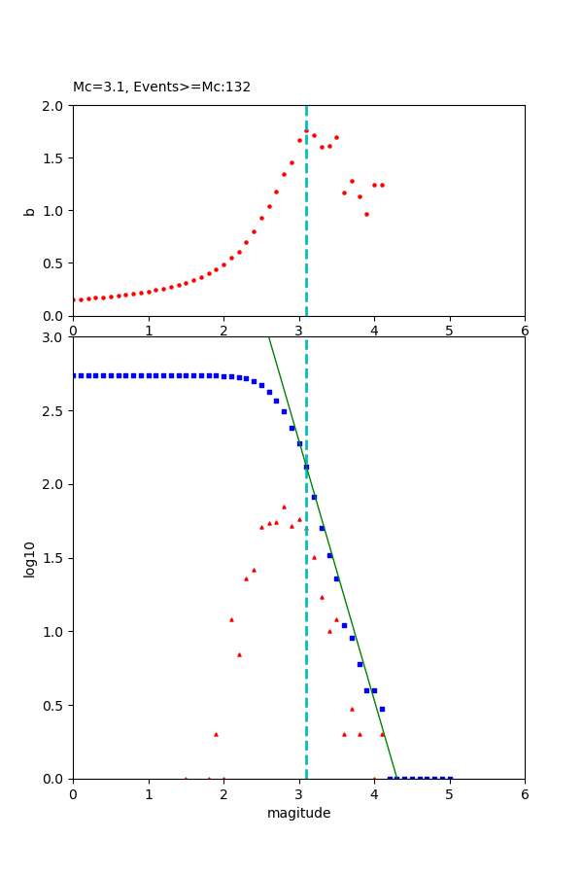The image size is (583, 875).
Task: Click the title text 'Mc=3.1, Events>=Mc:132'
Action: point(161,87)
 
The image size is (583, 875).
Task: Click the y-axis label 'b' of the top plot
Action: point(30,211)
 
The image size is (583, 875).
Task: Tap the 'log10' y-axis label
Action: point(30,559)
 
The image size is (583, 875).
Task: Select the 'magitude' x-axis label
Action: point(298,813)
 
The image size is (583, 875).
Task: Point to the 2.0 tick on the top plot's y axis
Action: point(54,105)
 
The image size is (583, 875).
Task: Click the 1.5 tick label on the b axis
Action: point(54,158)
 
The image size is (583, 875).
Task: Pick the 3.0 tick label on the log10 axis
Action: point(54,337)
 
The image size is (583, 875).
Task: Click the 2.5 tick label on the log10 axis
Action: point(54,411)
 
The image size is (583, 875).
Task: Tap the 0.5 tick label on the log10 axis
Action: point(54,706)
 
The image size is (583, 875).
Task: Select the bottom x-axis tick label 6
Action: point(525,794)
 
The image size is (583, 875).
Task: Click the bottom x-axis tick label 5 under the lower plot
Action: point(450,794)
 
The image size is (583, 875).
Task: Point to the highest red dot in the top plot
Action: point(306,130)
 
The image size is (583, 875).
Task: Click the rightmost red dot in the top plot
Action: point(382,185)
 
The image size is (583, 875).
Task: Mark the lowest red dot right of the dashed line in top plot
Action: point(366,214)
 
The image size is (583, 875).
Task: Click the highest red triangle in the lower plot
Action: point(284,507)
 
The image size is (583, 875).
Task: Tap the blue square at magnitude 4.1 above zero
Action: point(382,709)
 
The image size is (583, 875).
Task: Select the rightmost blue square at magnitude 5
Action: point(450,779)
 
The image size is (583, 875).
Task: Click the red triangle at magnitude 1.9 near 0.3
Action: point(216,734)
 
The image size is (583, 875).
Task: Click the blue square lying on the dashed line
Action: point(306,467)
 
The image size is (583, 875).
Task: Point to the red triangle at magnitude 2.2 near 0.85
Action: point(239,654)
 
